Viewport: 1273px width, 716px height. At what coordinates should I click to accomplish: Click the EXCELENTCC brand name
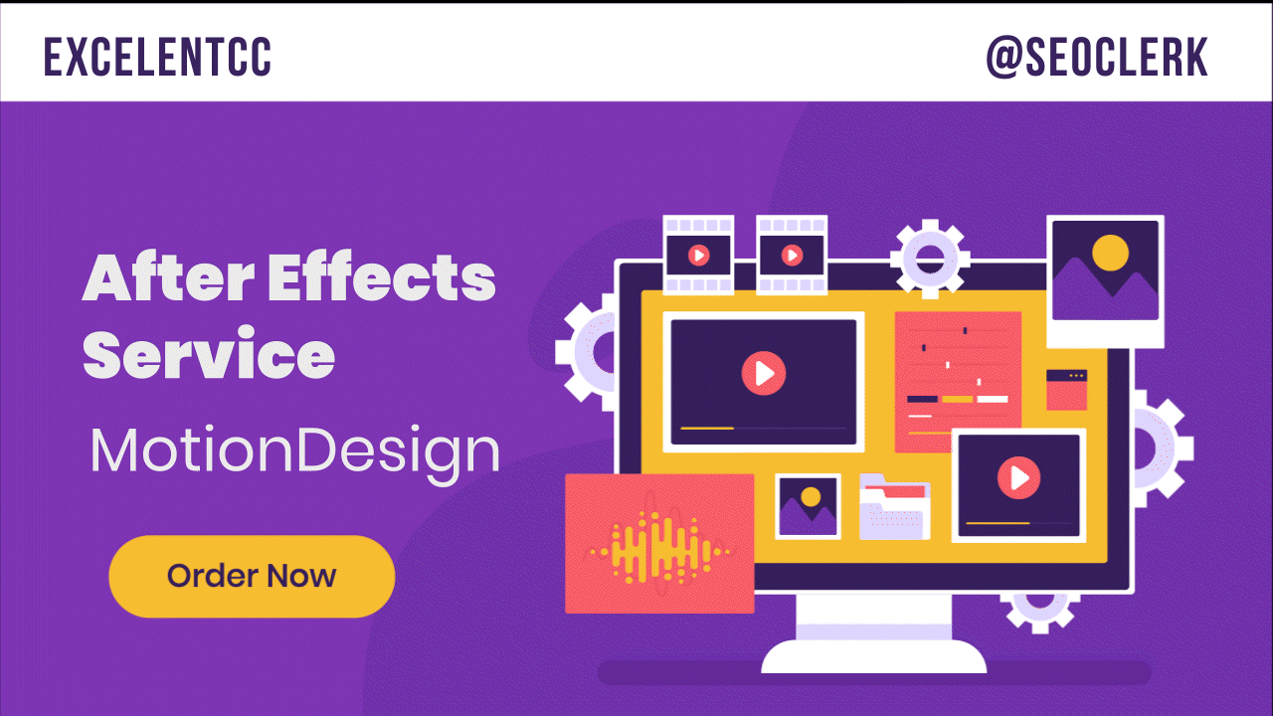coord(157,58)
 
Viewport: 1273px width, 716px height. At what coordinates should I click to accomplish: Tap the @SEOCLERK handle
coord(1096,58)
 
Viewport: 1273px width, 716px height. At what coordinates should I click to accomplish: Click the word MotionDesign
coord(294,452)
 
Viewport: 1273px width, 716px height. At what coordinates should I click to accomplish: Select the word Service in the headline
coord(208,355)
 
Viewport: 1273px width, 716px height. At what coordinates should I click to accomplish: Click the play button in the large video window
coord(763,373)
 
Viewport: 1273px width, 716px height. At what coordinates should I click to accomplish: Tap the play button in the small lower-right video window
coord(1018,478)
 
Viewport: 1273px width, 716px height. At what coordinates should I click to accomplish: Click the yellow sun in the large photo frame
coord(1110,253)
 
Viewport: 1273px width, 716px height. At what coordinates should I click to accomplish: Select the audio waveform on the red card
coord(659,545)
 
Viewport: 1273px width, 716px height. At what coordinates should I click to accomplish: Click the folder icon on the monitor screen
coord(894,506)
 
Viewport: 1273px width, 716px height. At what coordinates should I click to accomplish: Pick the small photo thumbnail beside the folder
coord(808,506)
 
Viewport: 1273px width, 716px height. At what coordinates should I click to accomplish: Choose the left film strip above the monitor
coord(698,255)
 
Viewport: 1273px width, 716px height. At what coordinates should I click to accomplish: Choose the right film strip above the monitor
coord(792,255)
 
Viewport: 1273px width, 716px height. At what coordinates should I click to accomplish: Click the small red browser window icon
coord(1066,390)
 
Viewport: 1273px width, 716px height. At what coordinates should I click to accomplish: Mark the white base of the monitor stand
coord(873,656)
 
